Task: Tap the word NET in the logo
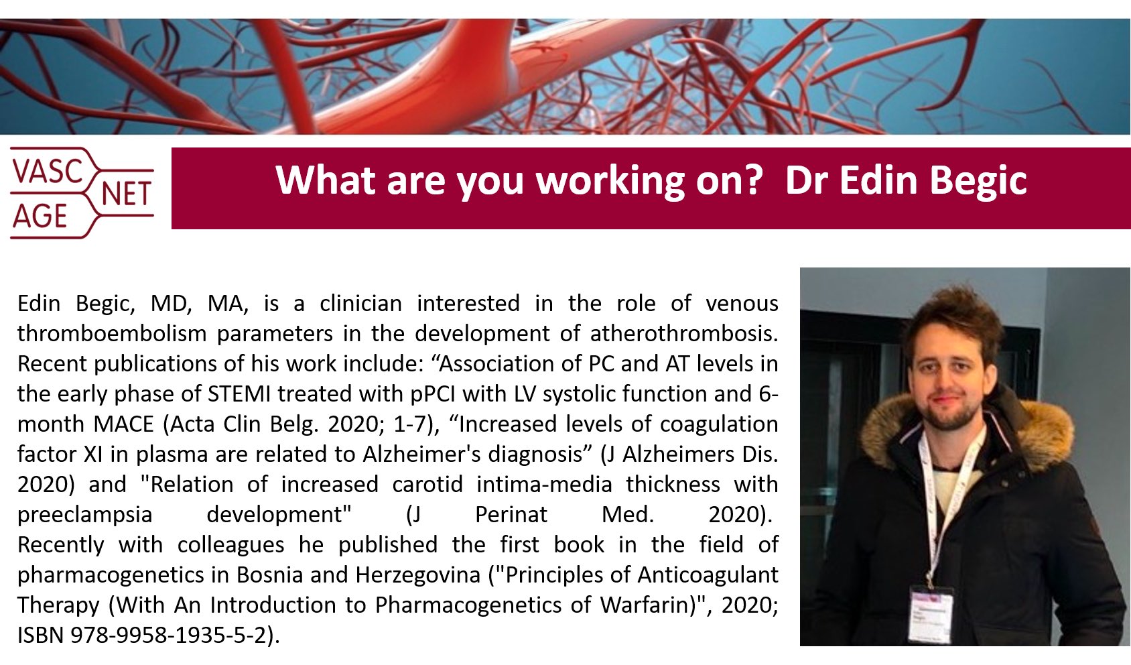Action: tap(126, 194)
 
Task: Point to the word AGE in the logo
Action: tap(40, 217)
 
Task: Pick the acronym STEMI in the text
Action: tap(239, 394)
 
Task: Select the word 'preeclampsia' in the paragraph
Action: tap(85, 514)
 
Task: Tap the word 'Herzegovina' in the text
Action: tap(418, 575)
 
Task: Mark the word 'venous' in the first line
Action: tap(742, 303)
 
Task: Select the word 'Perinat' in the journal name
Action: tap(511, 514)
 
